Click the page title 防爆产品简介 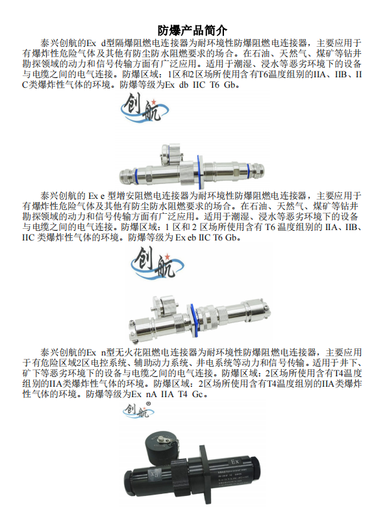[192, 31]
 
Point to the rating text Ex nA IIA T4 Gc [168, 394]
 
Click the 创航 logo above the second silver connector [157, 263]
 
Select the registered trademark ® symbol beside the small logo [148, 404]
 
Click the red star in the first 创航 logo [154, 102]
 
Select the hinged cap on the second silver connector [165, 304]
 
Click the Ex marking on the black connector [235, 461]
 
